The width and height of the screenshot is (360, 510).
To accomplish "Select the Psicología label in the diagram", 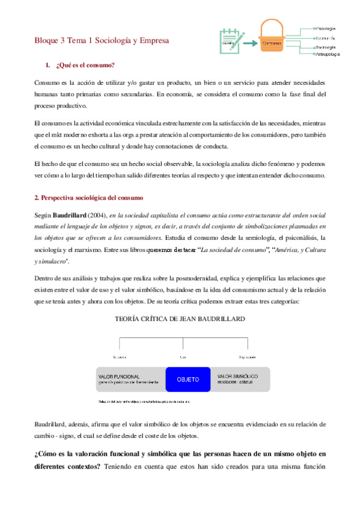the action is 325,28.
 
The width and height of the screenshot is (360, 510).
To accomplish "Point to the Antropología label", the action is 328,54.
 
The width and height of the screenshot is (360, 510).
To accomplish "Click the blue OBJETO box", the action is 188,380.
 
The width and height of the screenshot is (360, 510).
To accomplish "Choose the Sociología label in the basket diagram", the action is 325,46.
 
